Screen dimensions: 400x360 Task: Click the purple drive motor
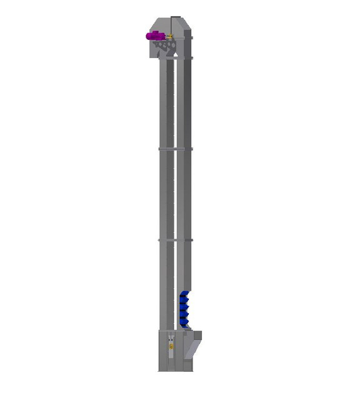154,36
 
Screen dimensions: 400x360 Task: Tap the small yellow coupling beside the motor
169,37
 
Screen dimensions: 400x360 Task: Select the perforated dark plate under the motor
164,46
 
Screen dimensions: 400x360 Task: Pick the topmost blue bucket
184,294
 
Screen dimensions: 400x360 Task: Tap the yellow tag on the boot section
171,345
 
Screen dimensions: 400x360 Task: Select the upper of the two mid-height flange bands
175,149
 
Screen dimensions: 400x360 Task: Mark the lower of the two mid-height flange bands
175,239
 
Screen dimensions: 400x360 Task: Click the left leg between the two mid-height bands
166,194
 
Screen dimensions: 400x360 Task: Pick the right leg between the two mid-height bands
184,194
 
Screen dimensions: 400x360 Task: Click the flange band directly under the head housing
175,58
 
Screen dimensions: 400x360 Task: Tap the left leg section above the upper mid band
166,103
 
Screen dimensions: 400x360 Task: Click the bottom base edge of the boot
175,370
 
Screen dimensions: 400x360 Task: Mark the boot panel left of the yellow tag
162,350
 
